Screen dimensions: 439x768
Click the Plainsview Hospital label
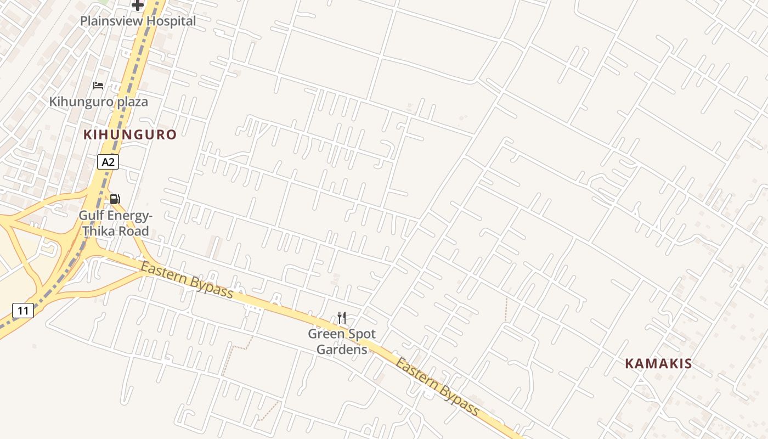coord(138,21)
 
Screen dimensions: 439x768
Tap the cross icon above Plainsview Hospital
coord(137,5)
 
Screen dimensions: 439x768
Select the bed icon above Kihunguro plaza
coord(98,86)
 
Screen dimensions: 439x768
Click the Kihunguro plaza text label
coord(98,102)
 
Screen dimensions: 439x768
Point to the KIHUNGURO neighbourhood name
coord(130,134)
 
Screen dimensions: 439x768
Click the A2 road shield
coord(108,162)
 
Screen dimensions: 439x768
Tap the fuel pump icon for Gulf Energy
coord(115,199)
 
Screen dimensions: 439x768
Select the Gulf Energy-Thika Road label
coord(115,223)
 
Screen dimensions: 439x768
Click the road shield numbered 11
coord(22,311)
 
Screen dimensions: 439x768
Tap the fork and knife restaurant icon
coord(341,318)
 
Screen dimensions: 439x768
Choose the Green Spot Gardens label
coord(341,341)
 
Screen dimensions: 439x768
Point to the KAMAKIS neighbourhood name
coord(658,363)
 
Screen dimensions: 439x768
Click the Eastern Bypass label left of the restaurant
coord(187,280)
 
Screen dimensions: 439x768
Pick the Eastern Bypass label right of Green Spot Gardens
coord(437,387)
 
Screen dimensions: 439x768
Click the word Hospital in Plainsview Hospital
coord(170,21)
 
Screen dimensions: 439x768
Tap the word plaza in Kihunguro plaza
coord(132,102)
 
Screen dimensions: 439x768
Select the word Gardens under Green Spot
coord(341,349)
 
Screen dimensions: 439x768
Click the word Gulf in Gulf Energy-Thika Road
coord(91,215)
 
